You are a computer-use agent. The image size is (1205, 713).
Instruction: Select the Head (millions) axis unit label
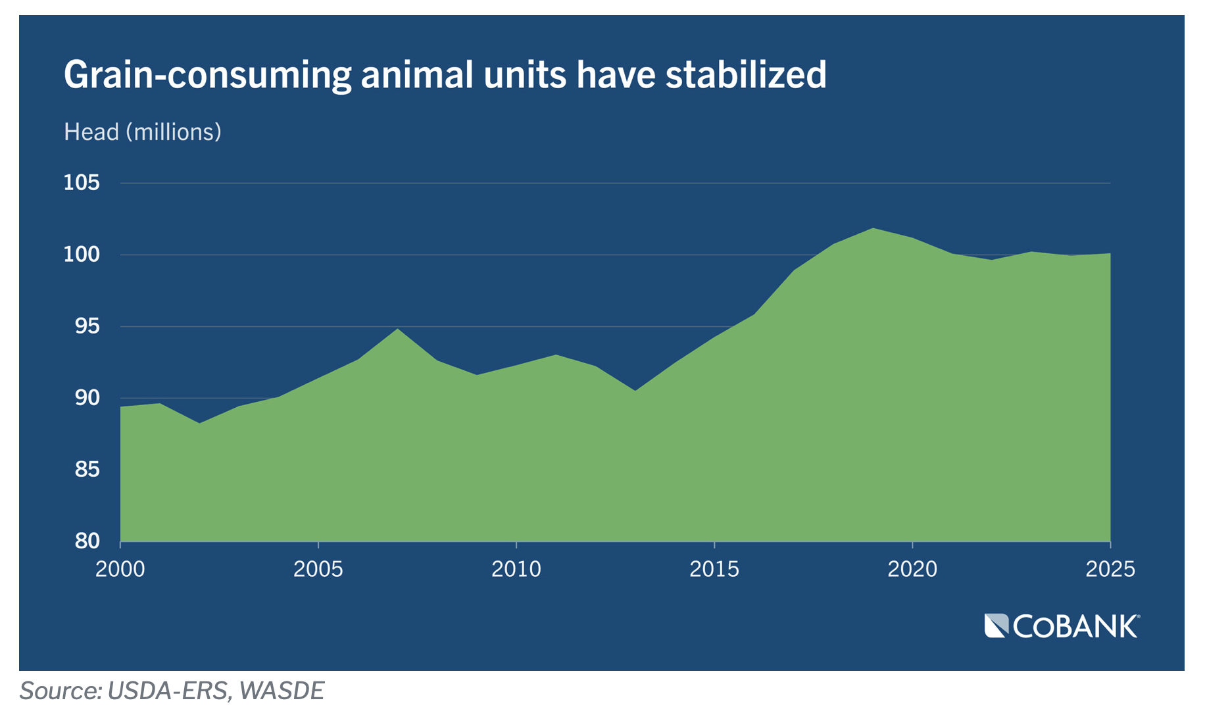pos(142,132)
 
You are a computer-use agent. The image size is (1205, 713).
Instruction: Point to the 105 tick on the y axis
pos(82,183)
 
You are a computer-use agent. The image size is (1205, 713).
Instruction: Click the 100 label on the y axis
pos(82,255)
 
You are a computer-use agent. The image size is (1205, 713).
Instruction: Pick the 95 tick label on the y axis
pos(87,326)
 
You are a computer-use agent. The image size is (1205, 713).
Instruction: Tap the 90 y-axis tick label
pos(87,398)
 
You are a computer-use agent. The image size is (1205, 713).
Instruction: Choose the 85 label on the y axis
pos(87,470)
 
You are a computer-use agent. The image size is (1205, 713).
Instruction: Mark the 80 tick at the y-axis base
pos(87,541)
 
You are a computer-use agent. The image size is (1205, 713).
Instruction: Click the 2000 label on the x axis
pos(120,569)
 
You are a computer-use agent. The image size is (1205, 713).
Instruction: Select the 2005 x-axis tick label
pos(318,569)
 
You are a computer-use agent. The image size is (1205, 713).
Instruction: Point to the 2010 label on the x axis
pos(516,569)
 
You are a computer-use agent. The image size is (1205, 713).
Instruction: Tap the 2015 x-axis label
pos(714,569)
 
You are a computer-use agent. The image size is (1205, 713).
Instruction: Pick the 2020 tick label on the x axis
pos(912,569)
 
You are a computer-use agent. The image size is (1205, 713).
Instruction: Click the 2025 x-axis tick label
pos(1110,569)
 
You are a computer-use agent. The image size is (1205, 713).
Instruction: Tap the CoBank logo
pos(1062,626)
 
